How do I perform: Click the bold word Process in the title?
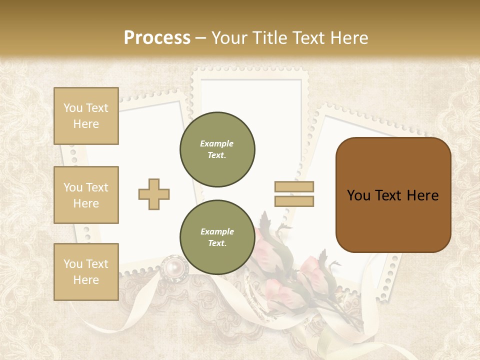(157, 38)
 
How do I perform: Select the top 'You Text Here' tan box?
(86, 116)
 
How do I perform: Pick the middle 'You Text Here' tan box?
(86, 195)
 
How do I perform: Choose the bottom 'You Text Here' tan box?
(86, 272)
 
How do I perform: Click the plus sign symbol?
(154, 194)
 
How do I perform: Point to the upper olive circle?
(217, 149)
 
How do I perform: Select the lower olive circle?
(217, 237)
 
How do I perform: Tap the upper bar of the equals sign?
(294, 186)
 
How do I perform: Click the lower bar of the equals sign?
(294, 201)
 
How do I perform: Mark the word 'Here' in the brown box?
(422, 195)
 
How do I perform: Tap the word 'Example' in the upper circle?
(217, 143)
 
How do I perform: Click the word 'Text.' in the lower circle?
(217, 243)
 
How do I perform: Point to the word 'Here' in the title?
(350, 38)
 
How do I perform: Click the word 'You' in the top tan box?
(73, 108)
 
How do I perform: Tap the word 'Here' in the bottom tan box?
(86, 280)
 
